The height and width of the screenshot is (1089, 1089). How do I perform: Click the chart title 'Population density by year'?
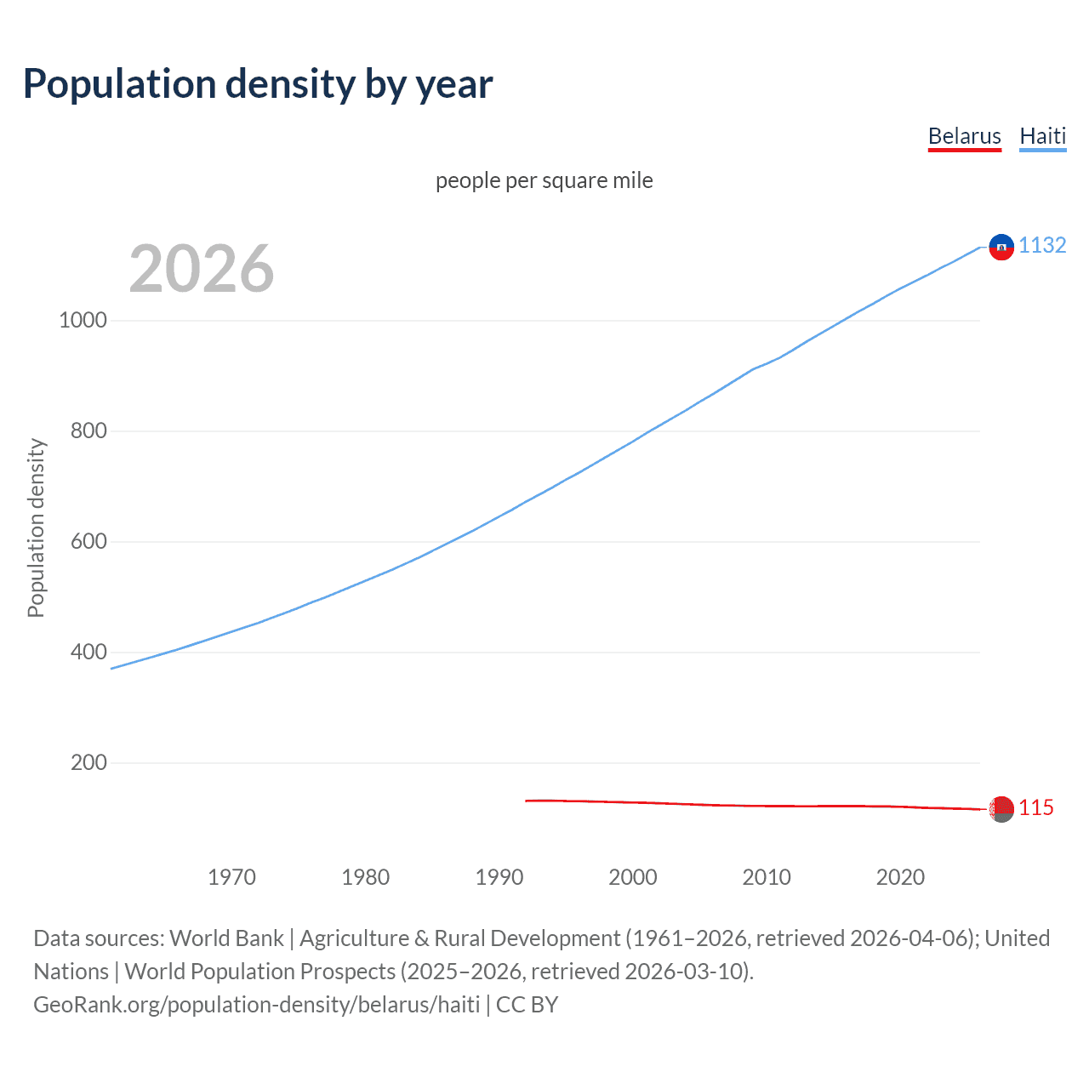pos(258,84)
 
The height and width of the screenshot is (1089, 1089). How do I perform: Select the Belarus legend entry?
pos(964,136)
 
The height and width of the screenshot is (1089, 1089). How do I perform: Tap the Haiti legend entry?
pos(1042,136)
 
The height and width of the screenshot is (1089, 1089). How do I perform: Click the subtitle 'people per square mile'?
pos(544,180)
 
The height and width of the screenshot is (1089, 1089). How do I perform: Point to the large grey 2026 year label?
pos(202,269)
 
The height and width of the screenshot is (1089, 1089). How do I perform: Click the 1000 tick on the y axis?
pos(83,321)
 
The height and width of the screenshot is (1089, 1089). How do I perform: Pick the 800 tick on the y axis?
pos(88,431)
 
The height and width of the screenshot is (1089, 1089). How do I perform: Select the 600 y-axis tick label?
pos(88,542)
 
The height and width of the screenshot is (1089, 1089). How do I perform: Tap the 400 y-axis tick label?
pos(88,653)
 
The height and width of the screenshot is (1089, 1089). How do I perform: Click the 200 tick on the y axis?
pos(88,763)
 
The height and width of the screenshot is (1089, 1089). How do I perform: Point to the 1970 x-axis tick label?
pos(231,877)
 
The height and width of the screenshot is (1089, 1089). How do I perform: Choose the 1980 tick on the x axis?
pos(365,877)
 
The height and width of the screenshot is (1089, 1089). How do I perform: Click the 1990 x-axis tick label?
pos(499,877)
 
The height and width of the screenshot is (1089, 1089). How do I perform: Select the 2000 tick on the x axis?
pos(633,877)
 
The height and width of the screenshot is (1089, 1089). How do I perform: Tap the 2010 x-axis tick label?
pos(767,877)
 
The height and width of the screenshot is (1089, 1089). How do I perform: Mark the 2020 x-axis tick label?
pos(900,877)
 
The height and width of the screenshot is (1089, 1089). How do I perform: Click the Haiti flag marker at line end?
pos(1001,247)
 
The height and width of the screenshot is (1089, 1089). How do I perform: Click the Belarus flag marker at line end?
pos(1001,808)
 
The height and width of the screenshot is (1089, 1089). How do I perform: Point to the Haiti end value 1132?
pos(1042,245)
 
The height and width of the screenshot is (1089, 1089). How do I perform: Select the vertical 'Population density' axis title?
pos(36,527)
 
